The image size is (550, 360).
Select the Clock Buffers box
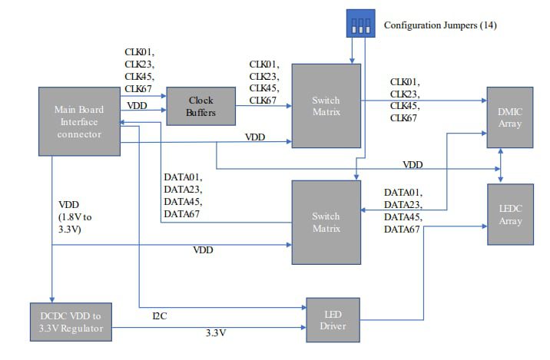click(x=200, y=106)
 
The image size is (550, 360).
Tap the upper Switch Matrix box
click(x=326, y=106)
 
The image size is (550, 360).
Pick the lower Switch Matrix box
click(x=326, y=222)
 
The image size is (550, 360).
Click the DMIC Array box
click(x=509, y=117)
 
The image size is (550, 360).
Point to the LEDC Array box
click(x=509, y=215)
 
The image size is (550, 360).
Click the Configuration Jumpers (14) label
click(x=440, y=26)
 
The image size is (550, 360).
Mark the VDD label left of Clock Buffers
click(x=137, y=105)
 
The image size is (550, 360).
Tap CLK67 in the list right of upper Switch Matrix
click(x=404, y=117)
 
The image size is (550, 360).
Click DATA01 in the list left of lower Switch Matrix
click(x=183, y=177)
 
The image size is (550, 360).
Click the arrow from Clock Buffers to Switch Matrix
click(x=263, y=107)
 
